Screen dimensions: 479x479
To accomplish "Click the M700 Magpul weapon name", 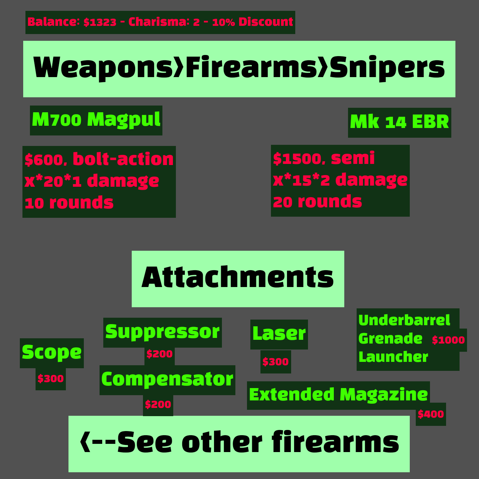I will click(x=96, y=120).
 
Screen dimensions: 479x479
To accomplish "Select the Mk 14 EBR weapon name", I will click(x=399, y=122).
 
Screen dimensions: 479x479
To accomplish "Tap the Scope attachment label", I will click(x=52, y=353).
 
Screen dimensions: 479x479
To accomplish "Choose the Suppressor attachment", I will click(x=162, y=332).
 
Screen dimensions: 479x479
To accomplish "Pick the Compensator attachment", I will click(x=167, y=379).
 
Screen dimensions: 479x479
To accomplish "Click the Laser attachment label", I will click(x=279, y=334).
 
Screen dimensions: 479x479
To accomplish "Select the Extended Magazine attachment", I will click(x=338, y=395).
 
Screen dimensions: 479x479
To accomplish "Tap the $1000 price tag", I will click(x=448, y=340).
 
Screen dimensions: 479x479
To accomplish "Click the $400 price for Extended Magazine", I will click(x=431, y=414).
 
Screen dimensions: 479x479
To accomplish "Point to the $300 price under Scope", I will click(x=51, y=379).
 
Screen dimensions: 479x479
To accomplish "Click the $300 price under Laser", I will click(x=275, y=362).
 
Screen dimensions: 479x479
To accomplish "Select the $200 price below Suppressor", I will click(x=159, y=354).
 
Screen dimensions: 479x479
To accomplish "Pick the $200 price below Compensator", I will click(x=158, y=405).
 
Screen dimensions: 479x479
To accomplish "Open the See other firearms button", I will click(x=239, y=443).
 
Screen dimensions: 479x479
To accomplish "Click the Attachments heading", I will click(x=238, y=278).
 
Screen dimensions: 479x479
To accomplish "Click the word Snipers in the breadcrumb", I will click(x=387, y=68).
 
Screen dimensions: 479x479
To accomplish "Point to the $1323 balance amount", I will click(x=100, y=22).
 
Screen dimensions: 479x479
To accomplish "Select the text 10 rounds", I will click(x=69, y=203).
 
